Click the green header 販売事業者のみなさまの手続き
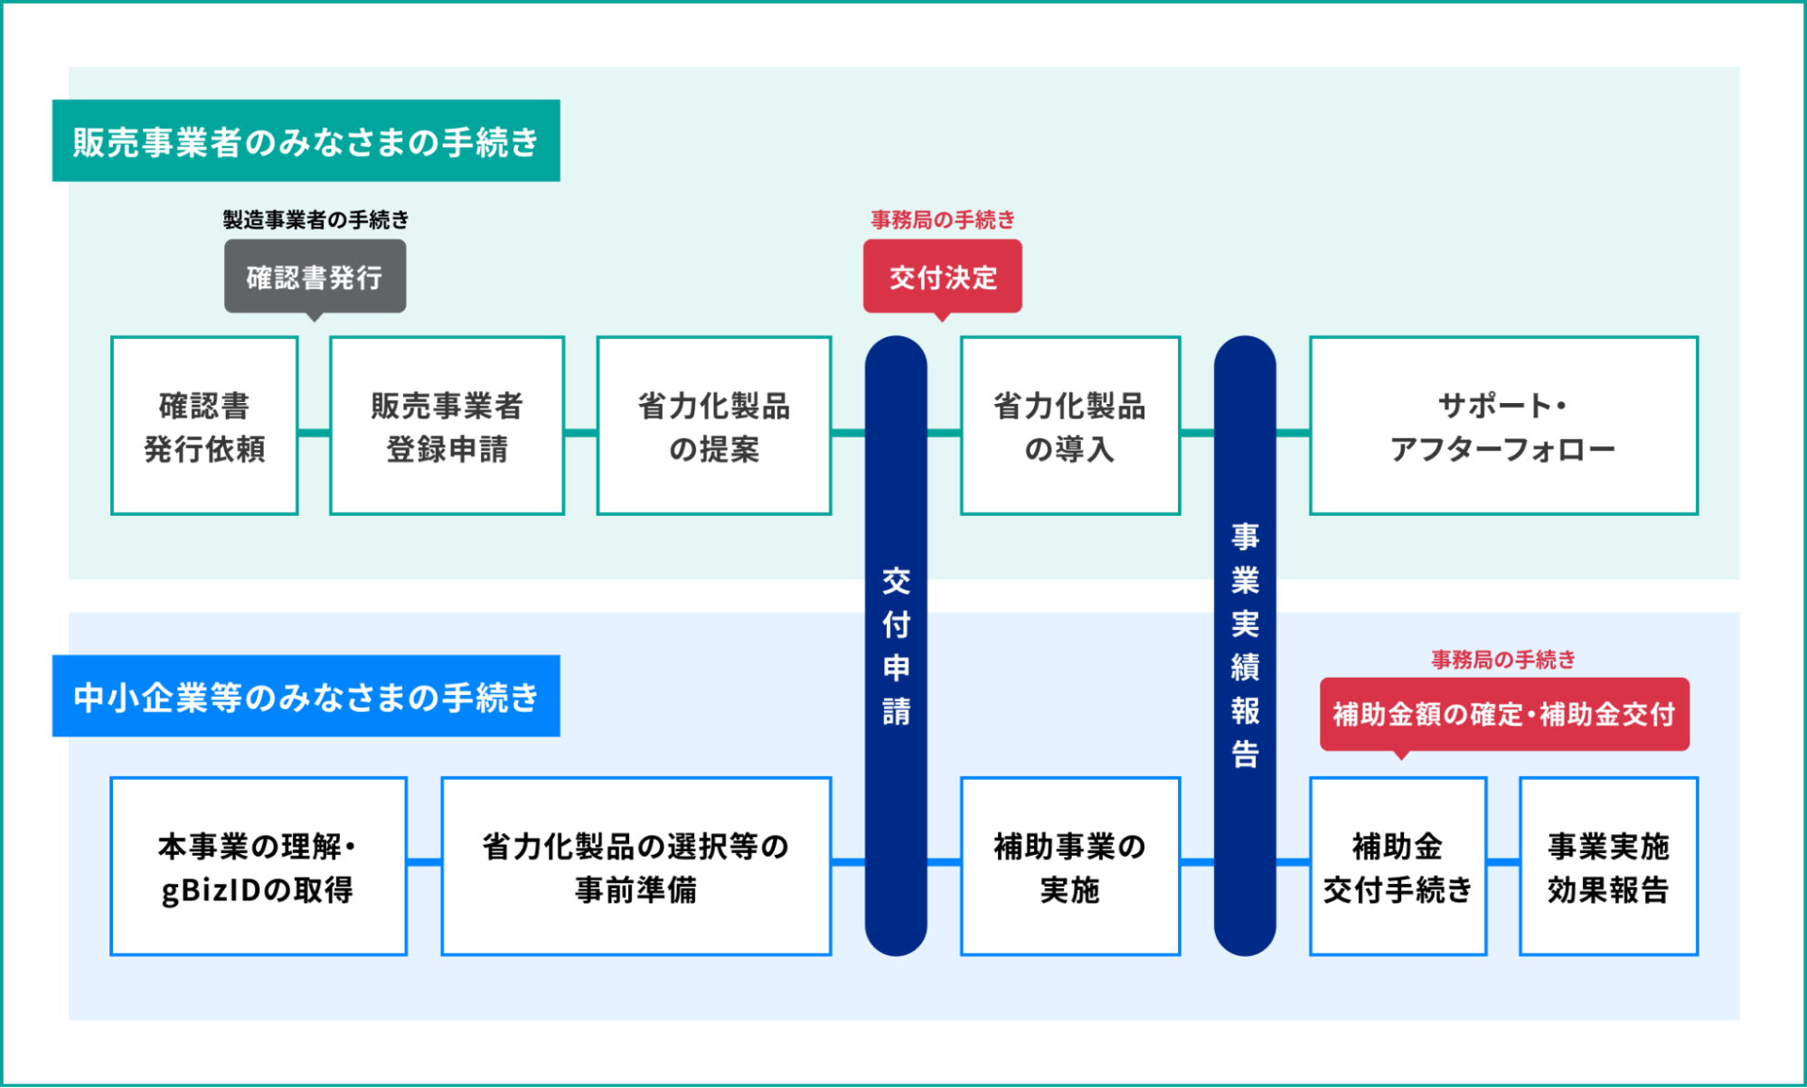(x=306, y=141)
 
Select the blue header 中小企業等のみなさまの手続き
(x=306, y=696)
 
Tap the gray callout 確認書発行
(x=315, y=277)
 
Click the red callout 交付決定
(x=942, y=277)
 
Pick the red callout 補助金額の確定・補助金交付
(x=1504, y=715)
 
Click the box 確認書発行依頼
(x=204, y=426)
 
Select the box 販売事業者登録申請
(x=447, y=426)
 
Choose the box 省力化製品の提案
(x=714, y=426)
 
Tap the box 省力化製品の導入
(x=1070, y=426)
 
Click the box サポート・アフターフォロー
(x=1504, y=426)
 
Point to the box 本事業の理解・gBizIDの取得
(x=259, y=866)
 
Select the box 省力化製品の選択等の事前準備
(x=636, y=866)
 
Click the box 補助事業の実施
(x=1070, y=866)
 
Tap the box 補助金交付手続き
(x=1398, y=866)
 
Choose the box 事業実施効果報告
(x=1609, y=866)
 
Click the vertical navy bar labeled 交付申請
(x=896, y=646)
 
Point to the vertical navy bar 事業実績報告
(x=1245, y=646)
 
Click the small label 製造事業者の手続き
(x=315, y=220)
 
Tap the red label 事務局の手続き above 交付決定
(x=943, y=220)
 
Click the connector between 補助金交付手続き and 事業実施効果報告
(x=1503, y=862)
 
